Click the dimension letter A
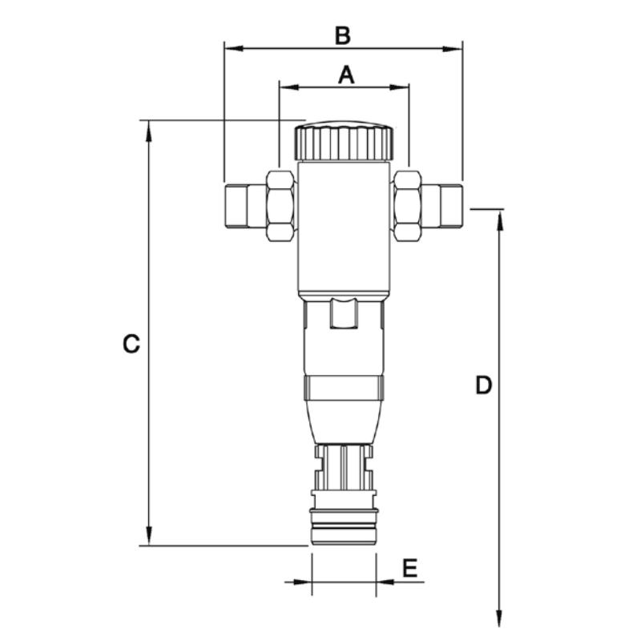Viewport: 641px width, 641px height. pos(345,75)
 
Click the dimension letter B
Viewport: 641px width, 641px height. pos(342,36)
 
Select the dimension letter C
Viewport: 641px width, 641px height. pos(131,345)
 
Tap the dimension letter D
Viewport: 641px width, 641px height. pos(483,385)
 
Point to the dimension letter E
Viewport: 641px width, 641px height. pos(409,569)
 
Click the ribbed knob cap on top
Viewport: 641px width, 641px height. pos(343,141)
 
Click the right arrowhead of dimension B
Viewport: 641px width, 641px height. pos(455,48)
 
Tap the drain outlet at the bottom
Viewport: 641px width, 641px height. pos(343,530)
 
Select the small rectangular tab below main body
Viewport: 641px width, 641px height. pos(343,313)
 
